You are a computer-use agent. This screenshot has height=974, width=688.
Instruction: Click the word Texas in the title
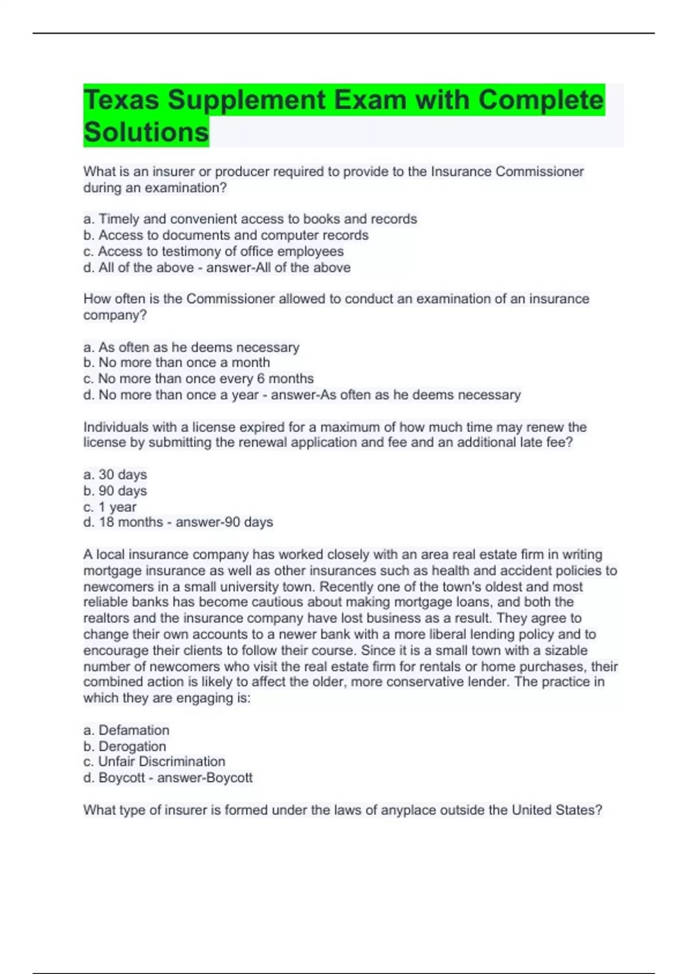(x=121, y=100)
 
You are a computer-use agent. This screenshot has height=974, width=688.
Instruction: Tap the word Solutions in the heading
(x=146, y=132)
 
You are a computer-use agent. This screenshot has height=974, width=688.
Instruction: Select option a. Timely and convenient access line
(x=250, y=219)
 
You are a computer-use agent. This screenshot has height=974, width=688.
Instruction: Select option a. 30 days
(x=115, y=474)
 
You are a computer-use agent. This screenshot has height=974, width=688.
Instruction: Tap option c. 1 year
(x=110, y=507)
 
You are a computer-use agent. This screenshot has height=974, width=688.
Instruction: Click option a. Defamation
(x=126, y=730)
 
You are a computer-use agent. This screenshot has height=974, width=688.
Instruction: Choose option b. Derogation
(x=124, y=747)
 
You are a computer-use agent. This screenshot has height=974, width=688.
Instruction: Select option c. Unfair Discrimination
(x=154, y=761)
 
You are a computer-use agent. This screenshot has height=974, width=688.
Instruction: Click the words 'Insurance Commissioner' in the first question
(x=507, y=172)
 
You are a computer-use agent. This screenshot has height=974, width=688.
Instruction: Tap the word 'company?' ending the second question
(x=115, y=315)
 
